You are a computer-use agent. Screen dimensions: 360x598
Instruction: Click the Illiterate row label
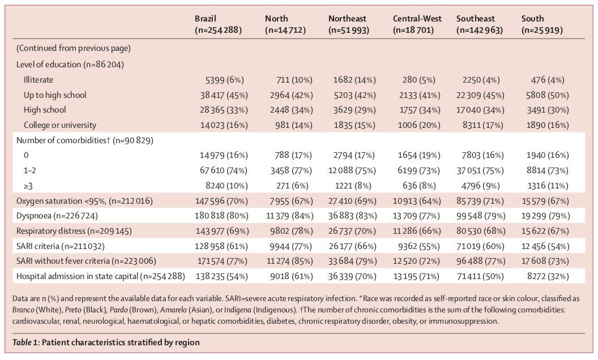click(x=39, y=80)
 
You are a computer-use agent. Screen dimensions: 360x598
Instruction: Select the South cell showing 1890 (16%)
click(x=553, y=125)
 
